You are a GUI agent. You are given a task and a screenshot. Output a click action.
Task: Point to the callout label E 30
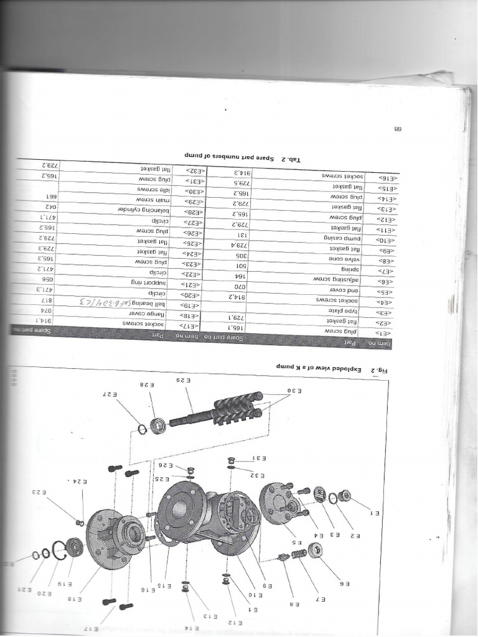point(294,390)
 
